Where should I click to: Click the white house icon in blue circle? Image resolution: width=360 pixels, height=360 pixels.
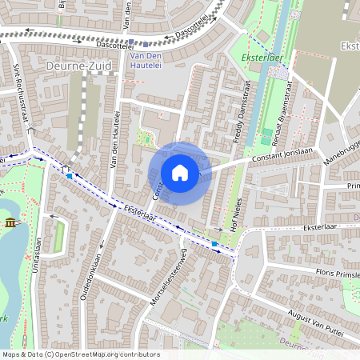(x=180, y=173)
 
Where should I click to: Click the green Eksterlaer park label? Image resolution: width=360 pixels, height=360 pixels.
(x=258, y=58)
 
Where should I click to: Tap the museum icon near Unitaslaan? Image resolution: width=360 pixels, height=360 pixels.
(x=10, y=222)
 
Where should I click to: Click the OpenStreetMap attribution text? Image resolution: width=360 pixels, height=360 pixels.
(x=80, y=354)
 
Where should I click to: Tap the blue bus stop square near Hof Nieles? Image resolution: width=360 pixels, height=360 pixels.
(x=214, y=242)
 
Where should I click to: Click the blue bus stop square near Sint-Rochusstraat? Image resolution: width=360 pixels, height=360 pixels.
(x=70, y=175)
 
